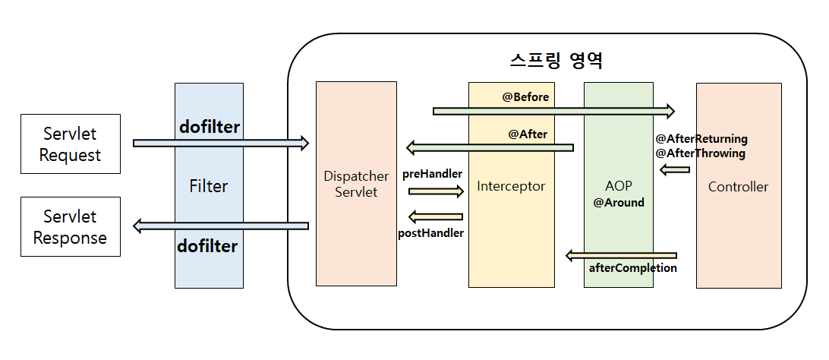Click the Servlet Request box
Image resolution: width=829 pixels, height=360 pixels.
pos(70,144)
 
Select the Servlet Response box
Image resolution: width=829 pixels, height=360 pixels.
pos(70,226)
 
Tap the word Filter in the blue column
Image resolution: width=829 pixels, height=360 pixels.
pos(209,186)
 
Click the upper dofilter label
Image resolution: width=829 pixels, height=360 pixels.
pos(209,127)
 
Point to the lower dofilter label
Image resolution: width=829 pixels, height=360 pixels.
pos(208,246)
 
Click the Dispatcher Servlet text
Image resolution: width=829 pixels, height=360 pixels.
pos(355,185)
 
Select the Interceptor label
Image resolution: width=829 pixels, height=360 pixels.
pos(511,186)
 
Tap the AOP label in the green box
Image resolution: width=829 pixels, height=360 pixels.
pos(619,186)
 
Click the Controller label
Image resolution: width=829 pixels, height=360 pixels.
pos(738,186)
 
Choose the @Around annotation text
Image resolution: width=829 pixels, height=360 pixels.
pos(619,203)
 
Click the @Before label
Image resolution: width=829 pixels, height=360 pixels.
pos(525,97)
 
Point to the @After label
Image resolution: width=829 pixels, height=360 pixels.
pos(528,134)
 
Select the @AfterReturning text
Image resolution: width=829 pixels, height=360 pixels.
pos(701,139)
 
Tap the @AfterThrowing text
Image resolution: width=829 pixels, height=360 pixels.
pos(700,153)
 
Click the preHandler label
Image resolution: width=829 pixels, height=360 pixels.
pos(432,174)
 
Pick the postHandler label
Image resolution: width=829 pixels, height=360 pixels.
pos(430,232)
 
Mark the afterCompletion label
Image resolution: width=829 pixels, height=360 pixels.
pos(632,268)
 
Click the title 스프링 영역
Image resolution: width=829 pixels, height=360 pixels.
pos(556,60)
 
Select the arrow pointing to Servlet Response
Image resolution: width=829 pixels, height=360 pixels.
pos(221,226)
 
